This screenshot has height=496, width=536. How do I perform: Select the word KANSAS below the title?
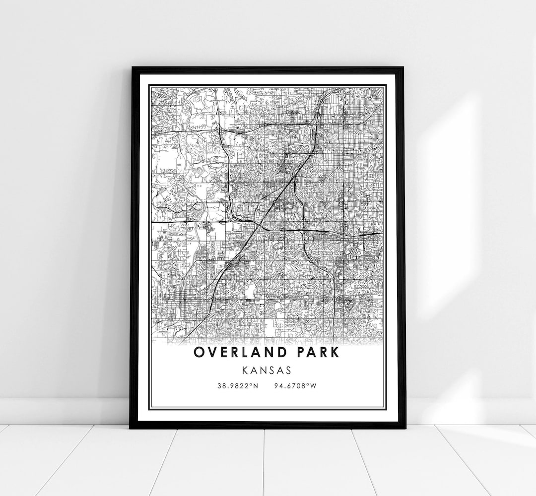coord(268,370)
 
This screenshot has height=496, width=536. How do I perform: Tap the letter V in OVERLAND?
coord(212,353)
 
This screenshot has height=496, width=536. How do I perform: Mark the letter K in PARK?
coord(336,353)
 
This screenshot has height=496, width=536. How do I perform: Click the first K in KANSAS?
coord(246,370)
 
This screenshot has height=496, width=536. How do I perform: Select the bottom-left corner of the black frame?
coord(131,428)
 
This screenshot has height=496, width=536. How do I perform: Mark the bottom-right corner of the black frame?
coord(405,428)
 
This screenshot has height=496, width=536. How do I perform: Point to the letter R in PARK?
coord(325,353)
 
